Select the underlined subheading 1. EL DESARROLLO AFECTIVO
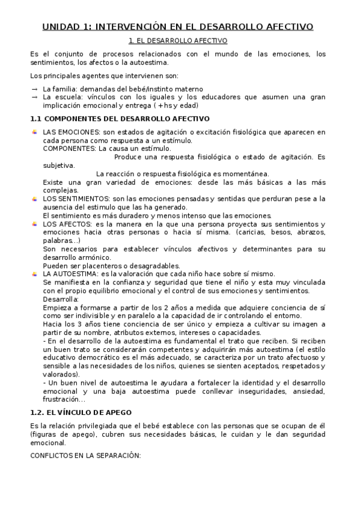pyautogui.click(x=178, y=41)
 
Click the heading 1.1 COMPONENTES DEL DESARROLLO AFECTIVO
pyautogui.click(x=120, y=118)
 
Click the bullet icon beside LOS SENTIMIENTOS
pyautogui.click(x=35, y=198)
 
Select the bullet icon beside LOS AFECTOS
pyautogui.click(x=35, y=224)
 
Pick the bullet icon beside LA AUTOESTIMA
pyautogui.click(x=35, y=274)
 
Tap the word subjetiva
pyautogui.click(x=59, y=165)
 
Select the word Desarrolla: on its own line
pyautogui.click(x=61, y=299)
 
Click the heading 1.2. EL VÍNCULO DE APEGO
pyautogui.click(x=81, y=414)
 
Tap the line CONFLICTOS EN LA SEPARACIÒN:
pyautogui.click(x=85, y=456)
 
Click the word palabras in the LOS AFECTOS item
pyautogui.click(x=59, y=241)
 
